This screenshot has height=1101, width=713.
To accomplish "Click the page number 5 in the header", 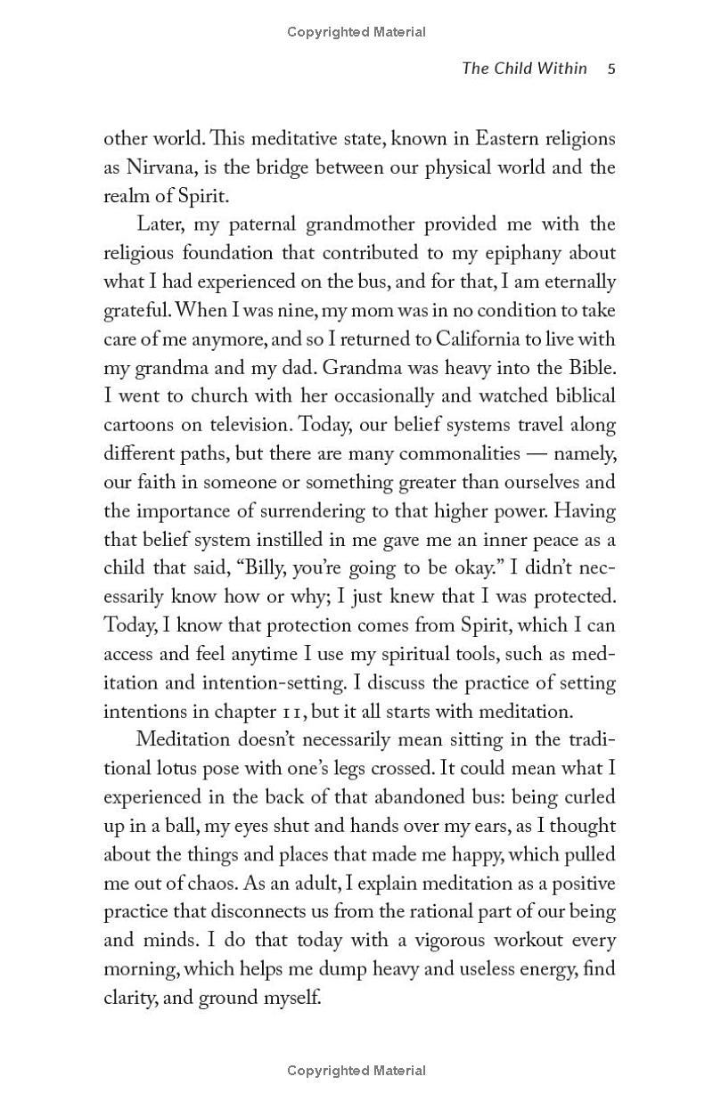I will point(611,69).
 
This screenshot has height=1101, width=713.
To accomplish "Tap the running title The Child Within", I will point(524,69).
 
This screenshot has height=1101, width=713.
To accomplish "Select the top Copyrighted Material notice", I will point(356,32).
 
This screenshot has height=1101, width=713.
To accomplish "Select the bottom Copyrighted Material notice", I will point(356,1071).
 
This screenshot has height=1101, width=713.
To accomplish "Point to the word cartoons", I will point(140,424).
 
